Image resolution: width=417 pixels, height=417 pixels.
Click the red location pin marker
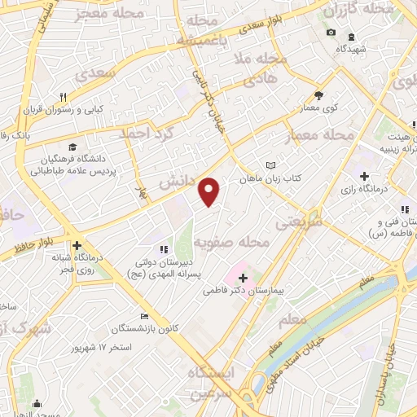(210, 191)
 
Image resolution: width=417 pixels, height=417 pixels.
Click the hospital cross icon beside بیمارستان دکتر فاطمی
(242, 278)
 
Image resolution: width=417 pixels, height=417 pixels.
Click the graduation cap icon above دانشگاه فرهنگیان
(72, 147)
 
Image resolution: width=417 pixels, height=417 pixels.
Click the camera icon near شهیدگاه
(330, 33)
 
